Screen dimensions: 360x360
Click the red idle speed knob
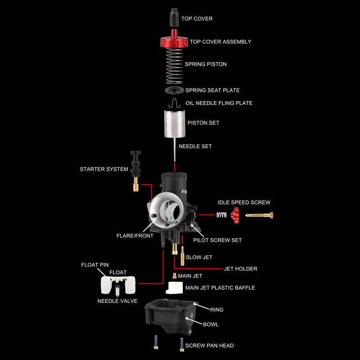pyautogui.click(x=234, y=216)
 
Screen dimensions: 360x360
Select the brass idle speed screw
pyautogui.click(x=259, y=216)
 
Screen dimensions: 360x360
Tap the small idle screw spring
pyautogui.click(x=221, y=216)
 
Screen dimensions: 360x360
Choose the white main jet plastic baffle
pyautogui.click(x=174, y=288)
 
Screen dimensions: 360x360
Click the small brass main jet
pyautogui.click(x=174, y=276)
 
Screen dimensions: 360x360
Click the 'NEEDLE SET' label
pyautogui.click(x=195, y=146)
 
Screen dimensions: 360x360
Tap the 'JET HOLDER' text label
pyautogui.click(x=240, y=269)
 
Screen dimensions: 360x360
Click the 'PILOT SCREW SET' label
pyautogui.click(x=217, y=240)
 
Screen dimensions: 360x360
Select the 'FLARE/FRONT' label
pyautogui.click(x=135, y=236)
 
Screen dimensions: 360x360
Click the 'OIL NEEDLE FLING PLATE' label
pyautogui.click(x=219, y=103)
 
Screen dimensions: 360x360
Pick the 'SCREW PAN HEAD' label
pyautogui.click(x=209, y=346)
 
